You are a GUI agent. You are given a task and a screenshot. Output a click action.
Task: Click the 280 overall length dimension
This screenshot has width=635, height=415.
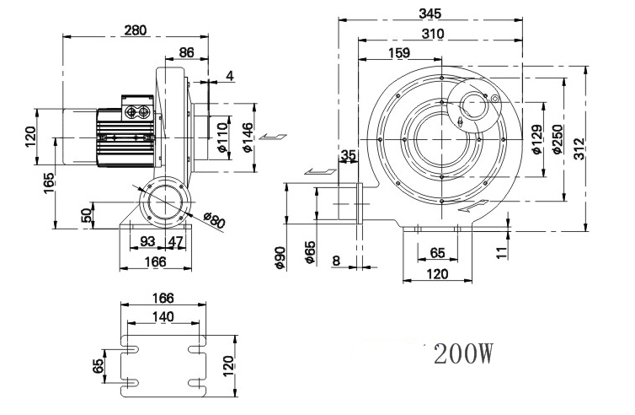pos(136,30)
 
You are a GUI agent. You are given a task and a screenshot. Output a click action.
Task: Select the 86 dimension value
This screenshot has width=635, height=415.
pos(187,52)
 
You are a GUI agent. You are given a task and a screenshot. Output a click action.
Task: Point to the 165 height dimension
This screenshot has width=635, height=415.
pos(49,183)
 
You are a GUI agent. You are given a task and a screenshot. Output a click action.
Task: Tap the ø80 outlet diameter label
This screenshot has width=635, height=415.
pos(213,219)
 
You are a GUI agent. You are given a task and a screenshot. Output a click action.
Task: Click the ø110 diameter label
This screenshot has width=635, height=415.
pos(223,137)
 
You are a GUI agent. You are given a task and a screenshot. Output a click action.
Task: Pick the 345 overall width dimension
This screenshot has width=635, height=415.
pos(430,13)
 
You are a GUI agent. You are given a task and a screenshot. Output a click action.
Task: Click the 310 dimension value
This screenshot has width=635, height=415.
pos(433,34)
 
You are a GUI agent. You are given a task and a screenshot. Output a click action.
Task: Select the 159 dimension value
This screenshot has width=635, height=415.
pos(399,53)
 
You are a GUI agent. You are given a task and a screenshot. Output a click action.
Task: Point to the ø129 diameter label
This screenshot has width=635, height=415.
pos(536,139)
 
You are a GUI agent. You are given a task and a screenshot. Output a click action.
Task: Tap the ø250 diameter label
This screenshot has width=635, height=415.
pos(558,139)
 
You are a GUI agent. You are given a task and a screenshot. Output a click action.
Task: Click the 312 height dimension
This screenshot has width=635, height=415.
pos(579,149)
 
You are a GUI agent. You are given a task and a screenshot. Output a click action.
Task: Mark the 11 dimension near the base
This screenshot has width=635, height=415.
pos(502,252)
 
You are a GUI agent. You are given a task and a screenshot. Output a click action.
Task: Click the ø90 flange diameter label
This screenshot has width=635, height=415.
pos(280,257)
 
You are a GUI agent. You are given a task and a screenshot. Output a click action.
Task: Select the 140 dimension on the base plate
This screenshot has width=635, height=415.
pos(163,316)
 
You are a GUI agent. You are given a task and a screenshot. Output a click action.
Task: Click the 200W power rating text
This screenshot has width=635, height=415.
pos(463,354)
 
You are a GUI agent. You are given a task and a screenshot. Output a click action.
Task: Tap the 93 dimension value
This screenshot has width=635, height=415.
pos(147,241)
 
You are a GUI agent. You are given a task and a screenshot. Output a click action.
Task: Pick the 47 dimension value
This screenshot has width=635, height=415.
pos(175,241)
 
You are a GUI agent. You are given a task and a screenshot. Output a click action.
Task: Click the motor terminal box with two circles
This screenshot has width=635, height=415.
pos(137,108)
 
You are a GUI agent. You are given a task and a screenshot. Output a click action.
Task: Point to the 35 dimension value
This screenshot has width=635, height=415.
pos(349,154)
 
